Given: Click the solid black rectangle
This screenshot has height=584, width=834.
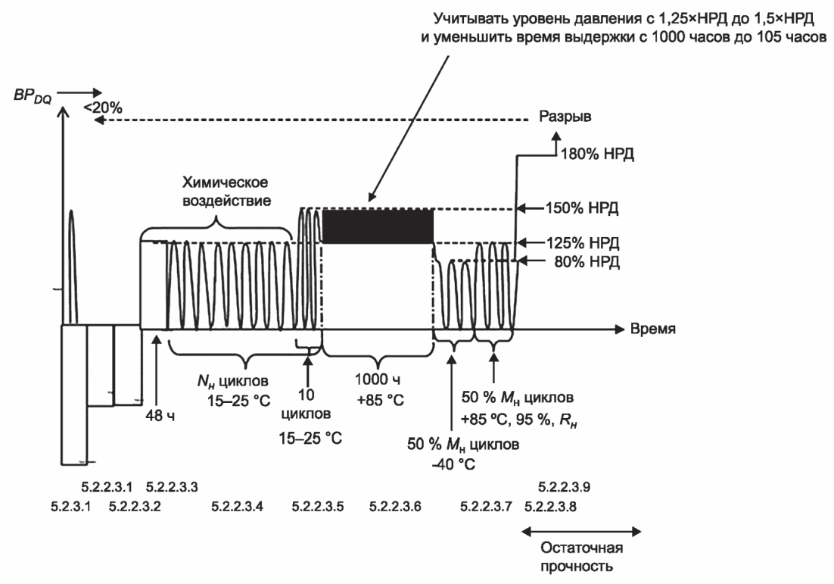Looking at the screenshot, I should [378, 226].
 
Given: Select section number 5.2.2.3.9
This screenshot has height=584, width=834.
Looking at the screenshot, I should [565, 487].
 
